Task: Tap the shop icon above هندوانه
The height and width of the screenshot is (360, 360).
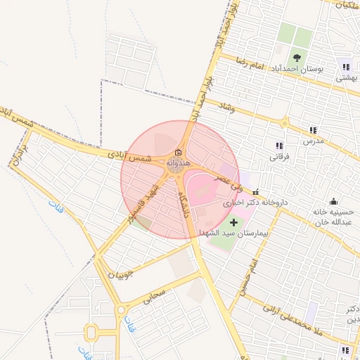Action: (178, 153)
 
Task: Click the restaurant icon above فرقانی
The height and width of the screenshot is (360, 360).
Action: (280, 146)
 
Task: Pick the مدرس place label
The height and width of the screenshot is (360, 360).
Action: (312, 141)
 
